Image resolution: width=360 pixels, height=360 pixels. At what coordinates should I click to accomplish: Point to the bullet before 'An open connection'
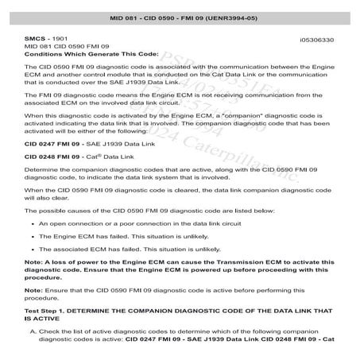pos(30,225)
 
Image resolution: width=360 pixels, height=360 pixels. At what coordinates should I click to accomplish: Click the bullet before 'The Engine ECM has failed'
pos(30,237)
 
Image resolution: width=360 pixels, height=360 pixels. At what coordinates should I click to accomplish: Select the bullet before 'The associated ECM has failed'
pos(30,250)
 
